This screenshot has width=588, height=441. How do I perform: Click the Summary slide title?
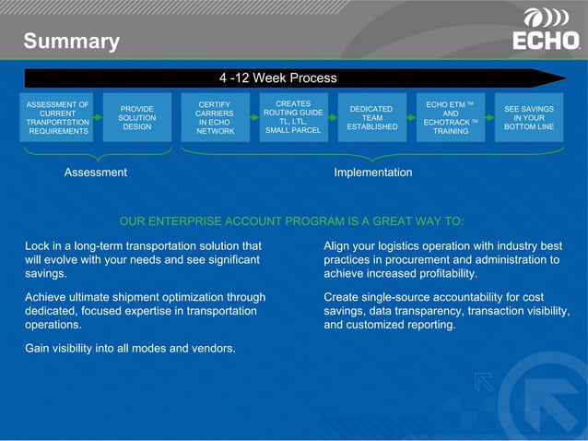click(71, 42)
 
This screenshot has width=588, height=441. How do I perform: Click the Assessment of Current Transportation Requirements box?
click(58, 118)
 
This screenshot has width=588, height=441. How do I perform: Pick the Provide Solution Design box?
click(137, 118)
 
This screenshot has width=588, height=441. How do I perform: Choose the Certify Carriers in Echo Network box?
click(215, 118)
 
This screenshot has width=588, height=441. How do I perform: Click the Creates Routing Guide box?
click(293, 117)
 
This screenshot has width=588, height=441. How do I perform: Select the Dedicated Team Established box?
click(371, 118)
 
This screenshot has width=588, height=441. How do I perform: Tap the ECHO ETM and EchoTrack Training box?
click(450, 118)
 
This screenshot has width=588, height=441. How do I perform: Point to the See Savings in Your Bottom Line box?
click(529, 118)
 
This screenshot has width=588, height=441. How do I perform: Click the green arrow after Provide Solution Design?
click(176, 118)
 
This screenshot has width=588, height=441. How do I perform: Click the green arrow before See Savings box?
click(489, 118)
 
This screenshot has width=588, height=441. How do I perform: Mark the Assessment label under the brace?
click(96, 173)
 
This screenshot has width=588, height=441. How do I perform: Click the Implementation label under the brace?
click(372, 173)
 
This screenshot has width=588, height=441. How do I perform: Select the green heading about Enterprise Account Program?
click(291, 221)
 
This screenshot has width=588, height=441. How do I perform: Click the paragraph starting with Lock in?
click(143, 260)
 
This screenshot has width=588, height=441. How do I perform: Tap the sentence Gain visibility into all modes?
click(130, 348)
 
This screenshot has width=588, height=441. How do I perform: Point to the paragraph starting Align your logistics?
click(442, 260)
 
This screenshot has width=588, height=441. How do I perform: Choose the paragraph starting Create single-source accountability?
click(446, 311)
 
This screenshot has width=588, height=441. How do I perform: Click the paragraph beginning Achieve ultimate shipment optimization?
click(145, 311)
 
